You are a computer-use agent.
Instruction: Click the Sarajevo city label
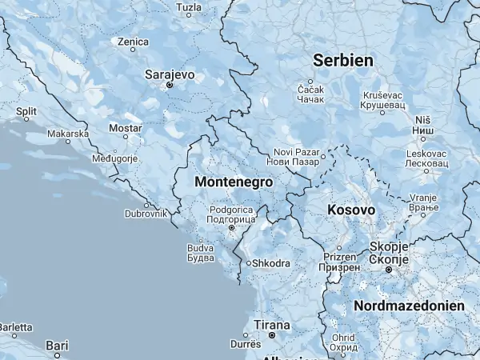(x=169, y=74)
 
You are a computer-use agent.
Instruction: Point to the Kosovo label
(x=351, y=210)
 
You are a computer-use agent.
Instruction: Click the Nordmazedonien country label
(x=409, y=306)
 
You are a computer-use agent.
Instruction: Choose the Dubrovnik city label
(x=146, y=214)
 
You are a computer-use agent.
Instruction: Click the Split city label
(x=26, y=110)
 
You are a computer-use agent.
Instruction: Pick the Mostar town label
(x=125, y=128)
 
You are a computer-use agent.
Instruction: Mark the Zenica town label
(x=133, y=42)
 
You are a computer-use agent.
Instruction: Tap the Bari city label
(x=57, y=345)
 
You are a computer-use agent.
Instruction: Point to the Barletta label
(x=16, y=327)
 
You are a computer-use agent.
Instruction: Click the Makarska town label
(x=68, y=134)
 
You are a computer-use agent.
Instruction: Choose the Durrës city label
(x=246, y=343)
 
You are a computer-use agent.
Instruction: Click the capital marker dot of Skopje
(x=389, y=270)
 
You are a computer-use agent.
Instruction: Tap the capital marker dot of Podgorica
(x=232, y=228)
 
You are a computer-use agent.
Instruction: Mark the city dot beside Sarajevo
(x=169, y=84)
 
